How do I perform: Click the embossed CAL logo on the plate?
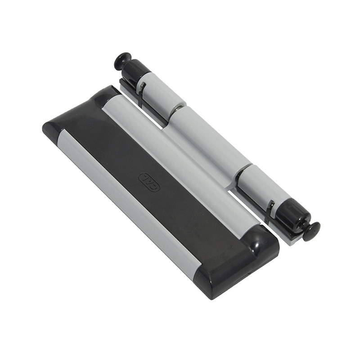point(149,182)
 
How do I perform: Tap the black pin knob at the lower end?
point(311,231)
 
